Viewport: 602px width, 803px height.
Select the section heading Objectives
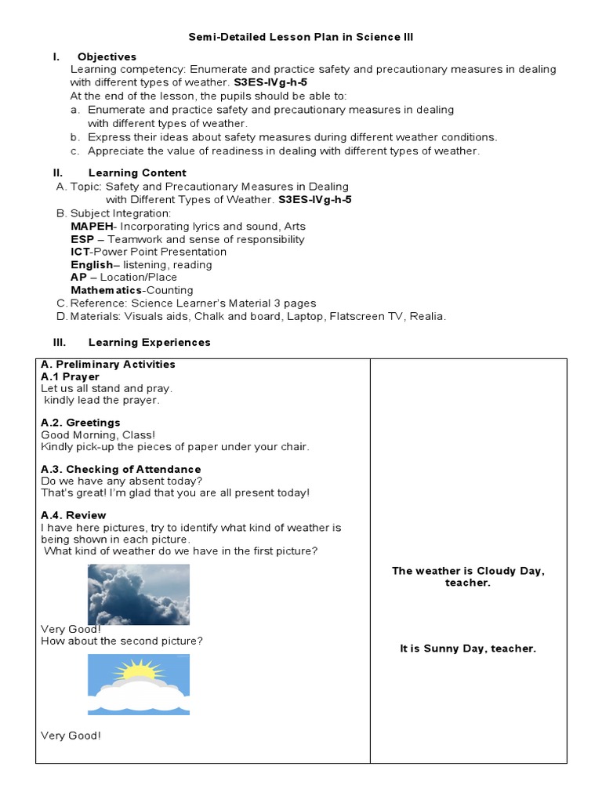107,56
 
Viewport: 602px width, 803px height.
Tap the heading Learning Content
137,173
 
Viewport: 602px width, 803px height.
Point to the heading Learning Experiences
149,342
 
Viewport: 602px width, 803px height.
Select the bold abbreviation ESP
82,239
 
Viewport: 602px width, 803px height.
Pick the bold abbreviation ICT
80,252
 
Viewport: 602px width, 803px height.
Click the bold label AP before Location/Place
78,277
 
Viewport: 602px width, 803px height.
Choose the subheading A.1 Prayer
70,376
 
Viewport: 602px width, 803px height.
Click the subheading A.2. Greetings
80,423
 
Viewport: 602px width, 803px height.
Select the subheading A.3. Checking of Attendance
121,469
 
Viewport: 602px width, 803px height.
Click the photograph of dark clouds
138,594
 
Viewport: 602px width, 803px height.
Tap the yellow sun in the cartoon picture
139,670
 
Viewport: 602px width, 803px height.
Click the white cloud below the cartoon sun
138,696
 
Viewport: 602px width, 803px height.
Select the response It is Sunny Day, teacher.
467,649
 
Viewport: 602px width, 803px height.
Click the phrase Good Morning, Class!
98,434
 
